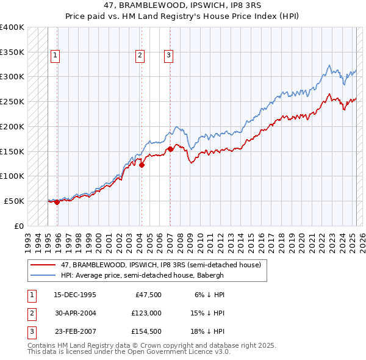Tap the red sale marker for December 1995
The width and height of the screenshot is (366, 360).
(x=57, y=203)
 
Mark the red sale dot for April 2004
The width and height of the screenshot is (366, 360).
(x=142, y=165)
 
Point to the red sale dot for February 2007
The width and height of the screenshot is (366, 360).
(x=170, y=149)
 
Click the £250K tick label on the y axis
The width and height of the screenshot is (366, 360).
(x=12, y=101)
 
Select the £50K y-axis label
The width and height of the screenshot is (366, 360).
(x=14, y=201)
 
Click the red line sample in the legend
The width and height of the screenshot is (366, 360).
(x=43, y=265)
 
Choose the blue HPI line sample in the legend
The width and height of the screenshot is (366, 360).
(x=43, y=275)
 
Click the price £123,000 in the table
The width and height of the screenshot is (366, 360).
(x=146, y=312)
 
